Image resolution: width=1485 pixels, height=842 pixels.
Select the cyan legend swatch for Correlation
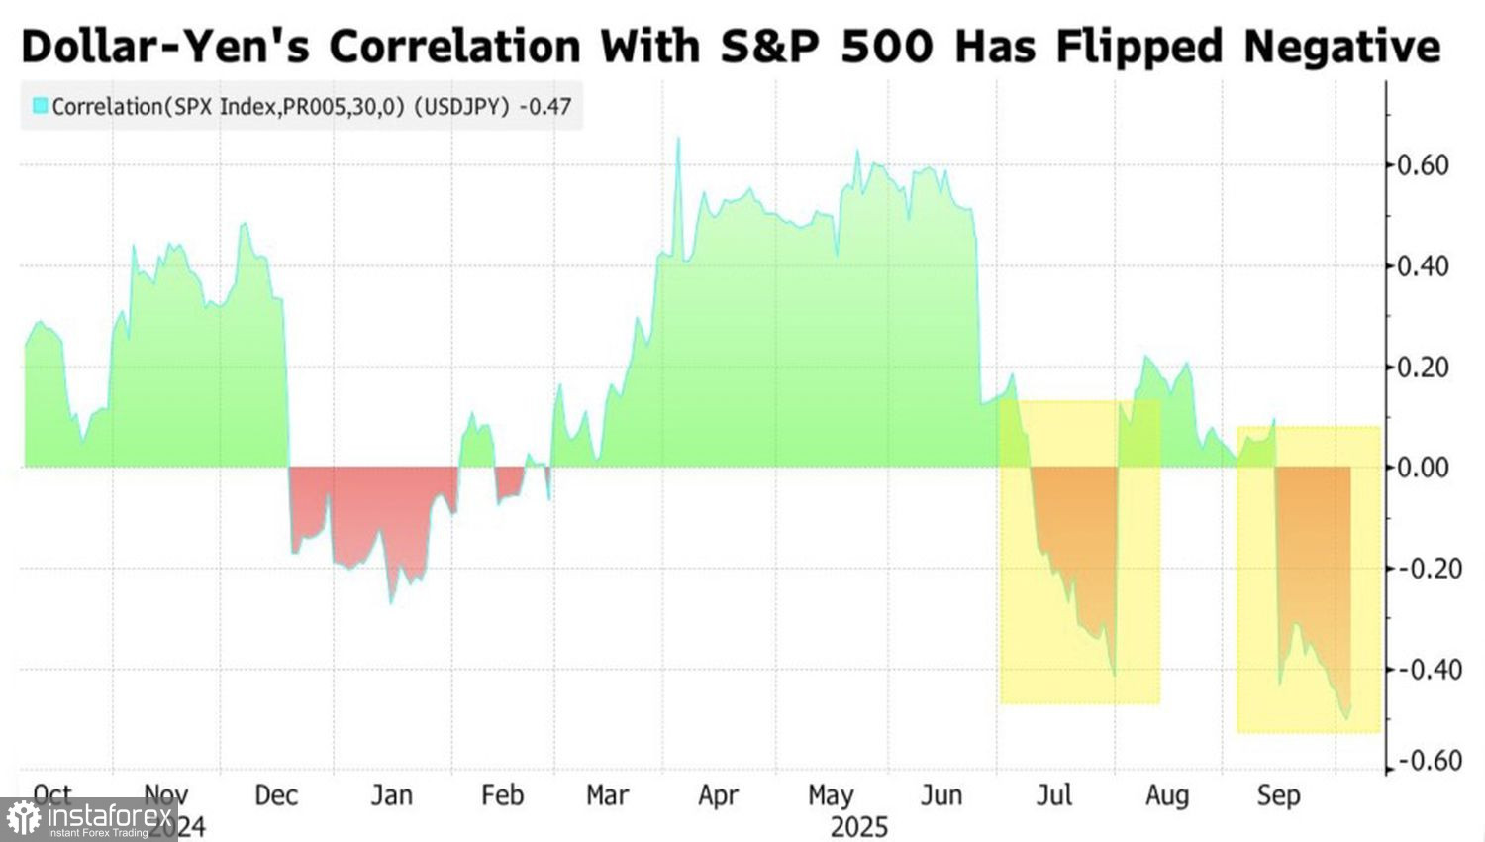(40, 105)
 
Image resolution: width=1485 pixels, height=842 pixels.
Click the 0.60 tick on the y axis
(1424, 164)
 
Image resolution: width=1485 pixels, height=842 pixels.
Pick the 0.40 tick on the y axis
(1424, 265)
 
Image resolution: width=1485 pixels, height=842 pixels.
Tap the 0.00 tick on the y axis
(1424, 467)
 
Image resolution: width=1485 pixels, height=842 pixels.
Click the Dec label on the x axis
(276, 795)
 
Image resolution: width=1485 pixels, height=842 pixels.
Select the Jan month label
(391, 795)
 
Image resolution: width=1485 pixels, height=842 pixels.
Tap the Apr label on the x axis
(719, 795)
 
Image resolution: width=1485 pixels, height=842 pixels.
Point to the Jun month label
(941, 795)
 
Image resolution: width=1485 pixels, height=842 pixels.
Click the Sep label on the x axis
(1278, 795)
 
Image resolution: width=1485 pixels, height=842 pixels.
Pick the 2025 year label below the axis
(859, 826)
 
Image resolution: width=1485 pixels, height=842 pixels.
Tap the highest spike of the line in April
(678, 139)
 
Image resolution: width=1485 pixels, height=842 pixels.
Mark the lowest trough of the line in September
(1346, 718)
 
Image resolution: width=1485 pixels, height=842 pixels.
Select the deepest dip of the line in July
(1114, 676)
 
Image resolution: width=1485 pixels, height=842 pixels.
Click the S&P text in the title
(774, 46)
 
